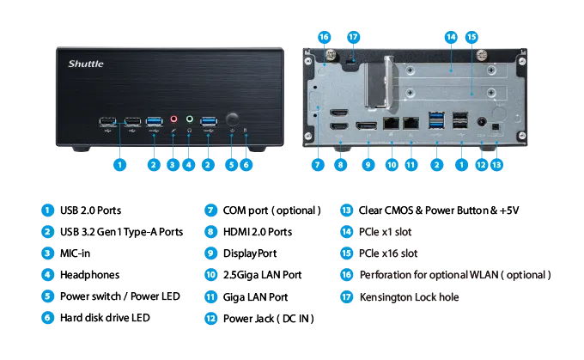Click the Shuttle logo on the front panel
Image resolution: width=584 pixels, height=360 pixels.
coord(86,64)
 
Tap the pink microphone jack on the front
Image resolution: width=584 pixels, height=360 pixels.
coord(173,119)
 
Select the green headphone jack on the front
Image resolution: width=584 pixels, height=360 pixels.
coord(190,119)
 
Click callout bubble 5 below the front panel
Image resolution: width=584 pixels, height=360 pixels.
coord(231,165)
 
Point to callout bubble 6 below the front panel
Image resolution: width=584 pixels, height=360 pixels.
coord(246,165)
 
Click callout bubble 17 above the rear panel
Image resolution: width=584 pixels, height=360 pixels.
coord(353,37)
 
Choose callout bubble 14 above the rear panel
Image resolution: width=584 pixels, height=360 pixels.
coord(451,37)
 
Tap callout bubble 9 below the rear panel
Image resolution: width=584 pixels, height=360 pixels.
coord(368,165)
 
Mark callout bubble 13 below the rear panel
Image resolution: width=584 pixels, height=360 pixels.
coord(496,165)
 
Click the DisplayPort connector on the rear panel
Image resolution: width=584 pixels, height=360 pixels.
coord(367,125)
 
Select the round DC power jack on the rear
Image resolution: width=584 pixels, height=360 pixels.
coord(482,122)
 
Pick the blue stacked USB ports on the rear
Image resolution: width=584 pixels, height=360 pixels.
coord(436,120)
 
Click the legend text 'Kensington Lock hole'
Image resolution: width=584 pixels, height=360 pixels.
coord(409,297)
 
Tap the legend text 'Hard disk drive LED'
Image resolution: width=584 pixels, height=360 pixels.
coord(105,318)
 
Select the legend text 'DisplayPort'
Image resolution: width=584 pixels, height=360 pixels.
coord(250,253)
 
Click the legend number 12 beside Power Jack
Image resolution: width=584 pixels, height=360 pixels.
coord(210,319)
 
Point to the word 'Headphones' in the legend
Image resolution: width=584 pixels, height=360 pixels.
coord(90,275)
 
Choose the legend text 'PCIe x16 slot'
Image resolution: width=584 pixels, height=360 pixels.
coord(388,253)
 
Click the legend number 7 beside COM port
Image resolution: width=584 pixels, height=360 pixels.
coord(210,211)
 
